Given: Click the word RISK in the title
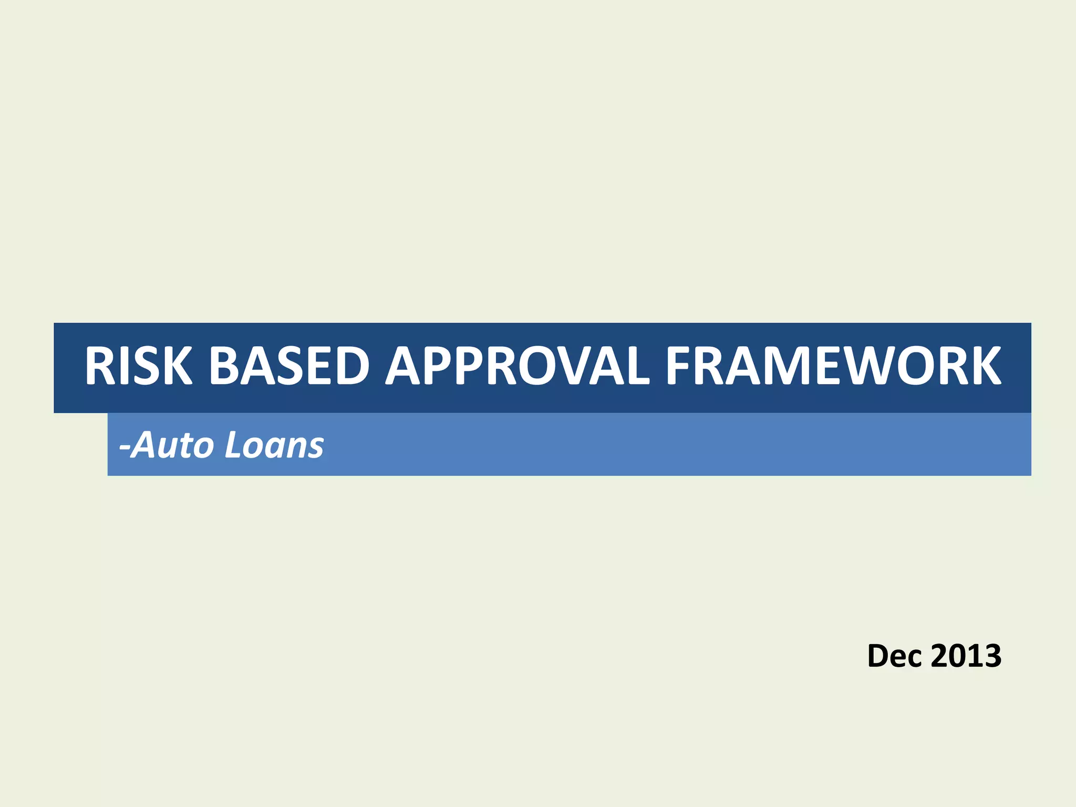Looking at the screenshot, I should point(138,366).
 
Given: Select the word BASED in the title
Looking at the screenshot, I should point(289,366).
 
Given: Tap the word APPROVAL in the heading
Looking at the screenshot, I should point(518,366).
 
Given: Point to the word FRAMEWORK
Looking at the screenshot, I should point(833,366).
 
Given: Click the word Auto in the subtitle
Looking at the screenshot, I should point(173,445).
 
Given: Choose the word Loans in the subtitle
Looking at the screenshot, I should point(274,445).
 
